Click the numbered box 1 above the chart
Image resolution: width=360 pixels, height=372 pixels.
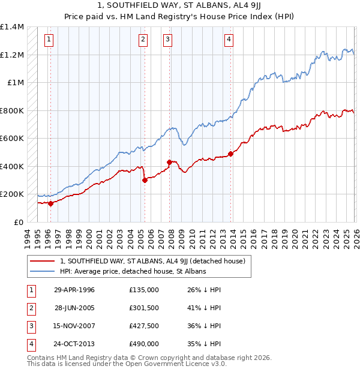tap(49, 40)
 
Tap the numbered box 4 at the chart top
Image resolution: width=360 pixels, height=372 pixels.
tap(229, 40)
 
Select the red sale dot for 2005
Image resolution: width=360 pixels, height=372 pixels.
tap(145, 180)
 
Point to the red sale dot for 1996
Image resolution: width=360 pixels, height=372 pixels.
tap(50, 203)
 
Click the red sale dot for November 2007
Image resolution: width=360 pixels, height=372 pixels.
tap(169, 162)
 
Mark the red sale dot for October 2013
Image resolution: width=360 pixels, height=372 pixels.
tap(230, 154)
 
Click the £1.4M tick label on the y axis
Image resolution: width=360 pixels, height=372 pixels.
tap(12, 27)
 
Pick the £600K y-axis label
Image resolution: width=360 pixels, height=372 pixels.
tap(12, 139)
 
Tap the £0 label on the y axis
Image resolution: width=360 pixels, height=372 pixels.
tap(18, 222)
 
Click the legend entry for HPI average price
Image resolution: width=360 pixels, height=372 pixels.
tap(133, 271)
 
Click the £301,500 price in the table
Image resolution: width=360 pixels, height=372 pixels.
tap(144, 308)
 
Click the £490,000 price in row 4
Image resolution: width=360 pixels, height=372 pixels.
tap(144, 344)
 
